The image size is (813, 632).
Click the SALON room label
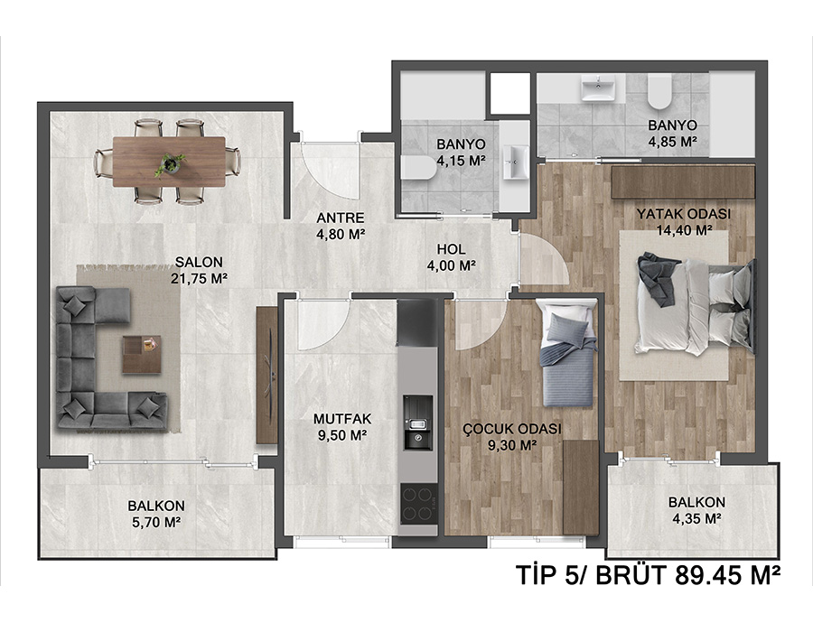[x=199, y=262]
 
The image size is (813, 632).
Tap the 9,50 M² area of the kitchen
[x=342, y=435]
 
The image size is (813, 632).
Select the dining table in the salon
[x=169, y=161]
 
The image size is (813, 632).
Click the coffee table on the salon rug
[x=142, y=354]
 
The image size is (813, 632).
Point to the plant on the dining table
[x=170, y=163]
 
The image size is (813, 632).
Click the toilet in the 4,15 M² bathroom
[x=419, y=168]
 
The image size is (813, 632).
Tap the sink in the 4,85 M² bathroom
[x=598, y=88]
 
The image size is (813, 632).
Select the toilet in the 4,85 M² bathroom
[x=659, y=91]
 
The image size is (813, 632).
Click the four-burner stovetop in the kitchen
[x=418, y=504]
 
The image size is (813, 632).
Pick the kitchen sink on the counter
[x=418, y=423]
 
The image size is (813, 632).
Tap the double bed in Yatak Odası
[x=696, y=304]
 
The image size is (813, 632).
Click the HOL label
[x=451, y=249]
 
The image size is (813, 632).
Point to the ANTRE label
[x=341, y=218]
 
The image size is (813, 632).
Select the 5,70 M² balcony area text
[x=156, y=522]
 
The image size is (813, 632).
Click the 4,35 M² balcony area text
[x=696, y=518]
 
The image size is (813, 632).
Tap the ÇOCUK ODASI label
[x=512, y=429]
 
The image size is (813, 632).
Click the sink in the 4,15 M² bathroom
[x=516, y=162]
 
